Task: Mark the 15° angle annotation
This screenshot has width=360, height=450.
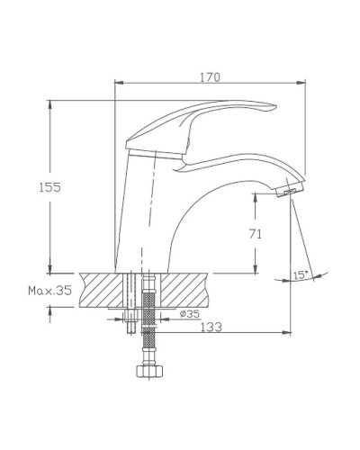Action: pyautogui.click(x=301, y=274)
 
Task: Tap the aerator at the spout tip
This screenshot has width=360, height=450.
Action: pyautogui.click(x=289, y=191)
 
